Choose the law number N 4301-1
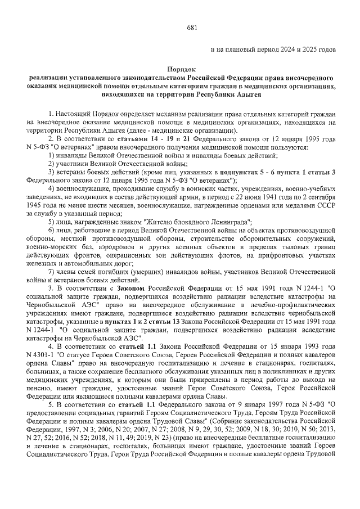click(42, 355)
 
